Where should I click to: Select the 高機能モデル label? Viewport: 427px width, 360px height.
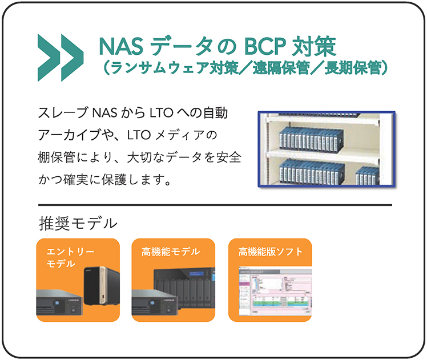point(171,252)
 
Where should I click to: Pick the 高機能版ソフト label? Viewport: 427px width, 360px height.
point(270,252)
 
